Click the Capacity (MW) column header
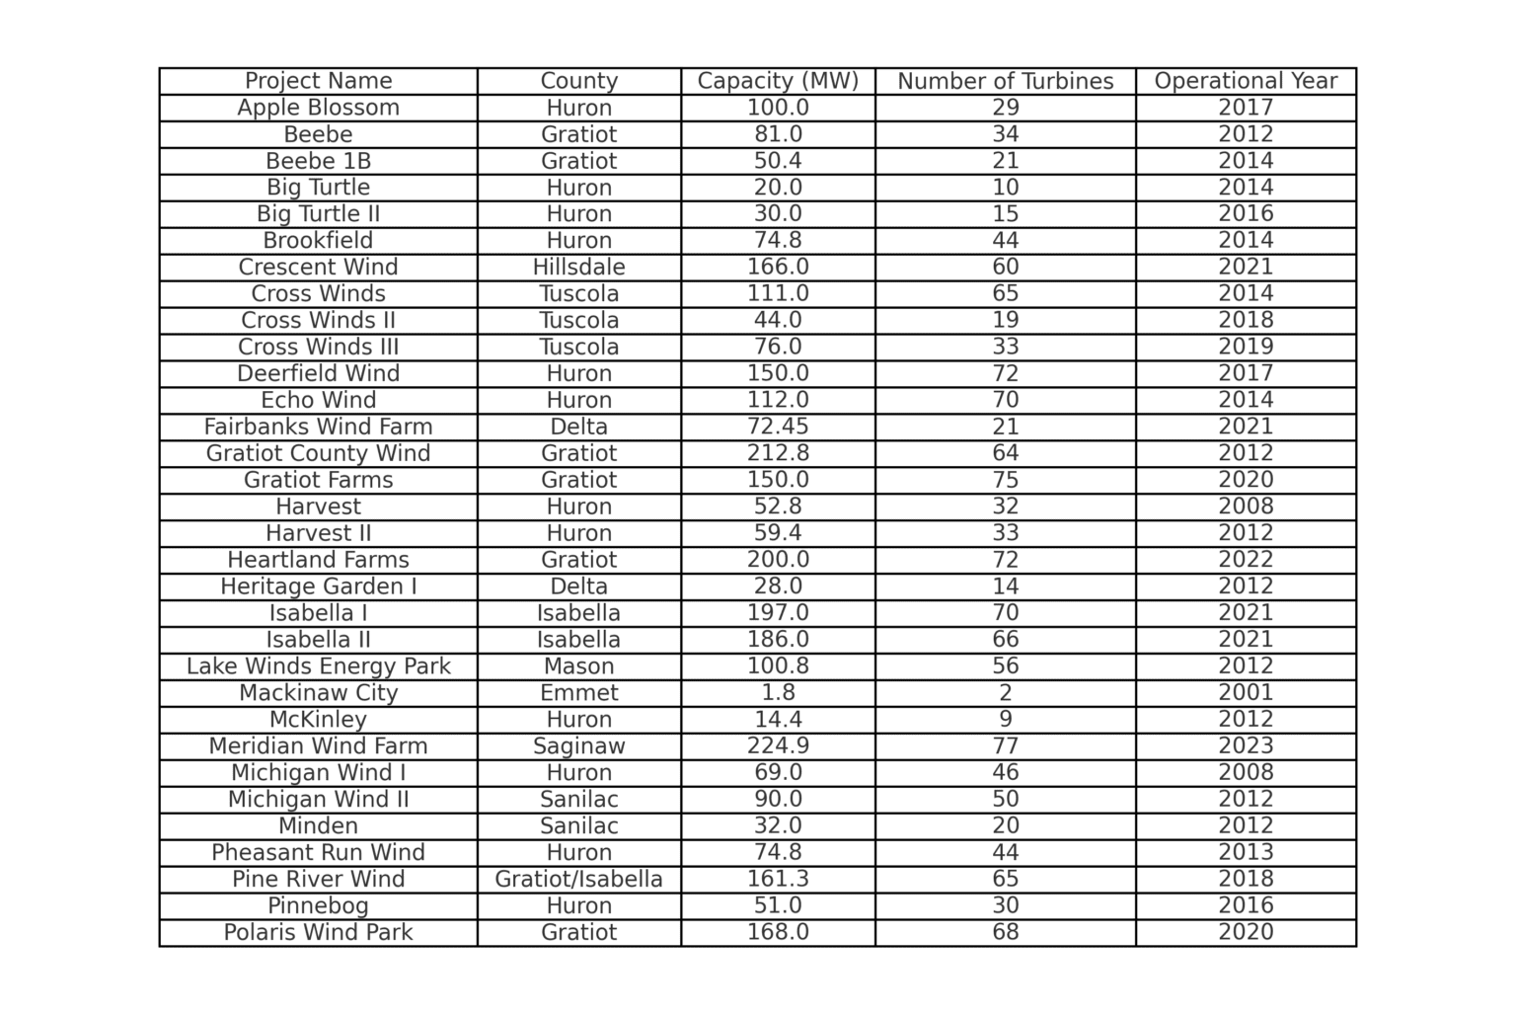[x=778, y=81]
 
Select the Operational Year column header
[x=1246, y=81]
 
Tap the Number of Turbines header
[x=1005, y=81]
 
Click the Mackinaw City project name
[x=318, y=693]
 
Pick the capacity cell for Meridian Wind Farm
[x=778, y=746]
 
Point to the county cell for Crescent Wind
[x=578, y=268]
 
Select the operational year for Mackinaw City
[x=1246, y=693]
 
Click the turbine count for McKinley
[x=1005, y=720]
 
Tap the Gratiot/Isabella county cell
[x=578, y=880]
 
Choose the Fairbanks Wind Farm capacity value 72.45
[x=778, y=427]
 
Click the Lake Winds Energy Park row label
[x=318, y=666]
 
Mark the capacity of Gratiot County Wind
[x=778, y=453]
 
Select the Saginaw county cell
[x=578, y=746]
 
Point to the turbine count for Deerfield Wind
[x=1005, y=373]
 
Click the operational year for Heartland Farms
[x=1246, y=560]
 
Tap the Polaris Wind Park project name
[x=318, y=933]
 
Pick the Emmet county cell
[x=578, y=693]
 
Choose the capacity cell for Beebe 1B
[x=778, y=161]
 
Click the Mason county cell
[x=578, y=666]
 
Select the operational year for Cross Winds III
[x=1246, y=347]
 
